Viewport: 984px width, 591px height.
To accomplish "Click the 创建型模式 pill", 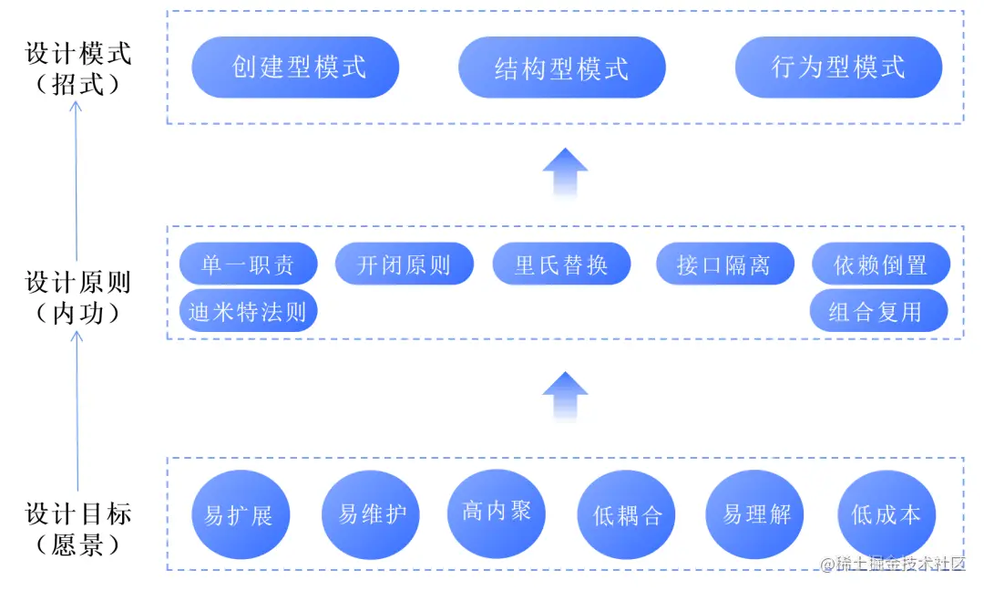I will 295,67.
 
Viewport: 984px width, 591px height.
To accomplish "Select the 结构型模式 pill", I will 561,67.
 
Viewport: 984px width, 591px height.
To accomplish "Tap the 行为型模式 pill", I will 838,67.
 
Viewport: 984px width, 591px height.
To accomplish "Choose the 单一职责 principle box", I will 248,265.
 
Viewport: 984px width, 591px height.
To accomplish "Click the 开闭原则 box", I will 405,265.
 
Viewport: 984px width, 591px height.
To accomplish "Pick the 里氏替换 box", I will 561,265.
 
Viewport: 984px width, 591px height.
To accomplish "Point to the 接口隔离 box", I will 723,265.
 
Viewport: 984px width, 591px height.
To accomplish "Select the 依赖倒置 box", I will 880,265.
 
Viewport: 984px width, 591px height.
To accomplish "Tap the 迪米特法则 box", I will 248,312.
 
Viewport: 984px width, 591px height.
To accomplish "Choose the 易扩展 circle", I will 238,515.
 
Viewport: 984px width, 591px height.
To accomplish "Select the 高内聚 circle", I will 496,512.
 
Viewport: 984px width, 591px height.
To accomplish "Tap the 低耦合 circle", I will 628,515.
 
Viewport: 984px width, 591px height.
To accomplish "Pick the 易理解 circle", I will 756,514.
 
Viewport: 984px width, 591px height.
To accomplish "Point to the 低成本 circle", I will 886,514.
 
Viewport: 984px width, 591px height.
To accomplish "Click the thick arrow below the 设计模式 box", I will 565,172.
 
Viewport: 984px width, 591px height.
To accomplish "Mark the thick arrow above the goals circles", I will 565,396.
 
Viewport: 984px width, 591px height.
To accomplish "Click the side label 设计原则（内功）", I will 77,297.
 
